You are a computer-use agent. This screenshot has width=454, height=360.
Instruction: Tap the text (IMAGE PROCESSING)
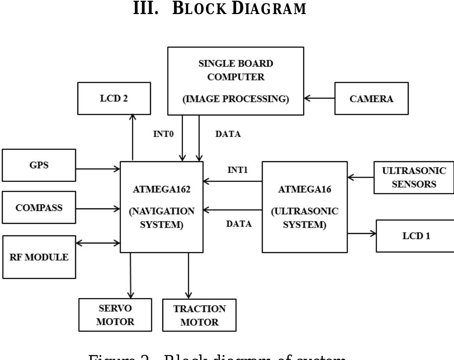(236, 99)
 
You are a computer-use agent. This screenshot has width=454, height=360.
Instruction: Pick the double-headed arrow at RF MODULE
(98, 242)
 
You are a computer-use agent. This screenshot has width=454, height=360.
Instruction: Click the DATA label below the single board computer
(228, 135)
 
